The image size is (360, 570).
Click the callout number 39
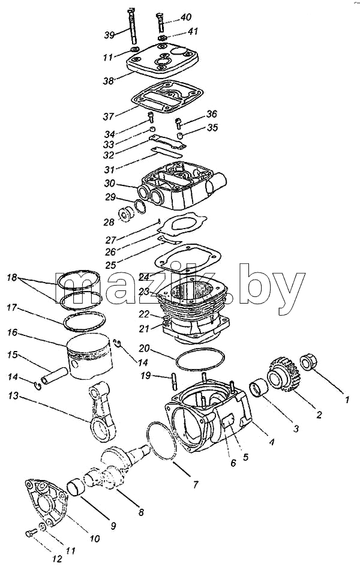pyautogui.click(x=109, y=35)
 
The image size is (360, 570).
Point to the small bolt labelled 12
pyautogui.click(x=31, y=533)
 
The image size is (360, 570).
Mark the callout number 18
pyautogui.click(x=11, y=278)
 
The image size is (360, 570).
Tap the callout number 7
pyautogui.click(x=196, y=484)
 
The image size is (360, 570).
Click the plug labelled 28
pyautogui.click(x=125, y=214)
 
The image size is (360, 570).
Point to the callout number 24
pyautogui.click(x=144, y=277)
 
